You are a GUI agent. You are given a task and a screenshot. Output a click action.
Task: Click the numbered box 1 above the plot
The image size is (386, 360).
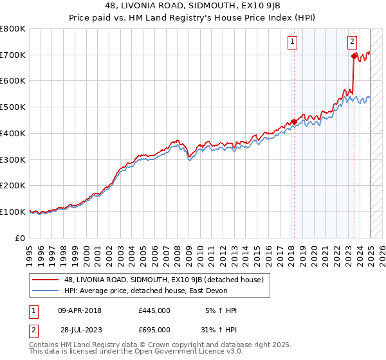pyautogui.click(x=292, y=42)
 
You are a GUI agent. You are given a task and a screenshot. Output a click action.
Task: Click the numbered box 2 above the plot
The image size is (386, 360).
pyautogui.click(x=353, y=42)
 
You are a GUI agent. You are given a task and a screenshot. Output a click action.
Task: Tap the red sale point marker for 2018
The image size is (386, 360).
pyautogui.click(x=294, y=121)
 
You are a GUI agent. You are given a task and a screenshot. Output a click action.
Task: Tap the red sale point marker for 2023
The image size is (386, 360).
pyautogui.click(x=354, y=56)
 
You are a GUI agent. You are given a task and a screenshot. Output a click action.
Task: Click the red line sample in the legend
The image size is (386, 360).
pyautogui.click(x=46, y=280)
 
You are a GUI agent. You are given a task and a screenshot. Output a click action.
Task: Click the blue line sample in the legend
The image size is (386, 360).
pyautogui.click(x=46, y=291)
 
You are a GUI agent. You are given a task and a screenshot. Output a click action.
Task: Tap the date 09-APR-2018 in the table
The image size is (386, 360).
pyautogui.click(x=80, y=310)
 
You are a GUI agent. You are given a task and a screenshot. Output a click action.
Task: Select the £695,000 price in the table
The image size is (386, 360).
pyautogui.click(x=154, y=329)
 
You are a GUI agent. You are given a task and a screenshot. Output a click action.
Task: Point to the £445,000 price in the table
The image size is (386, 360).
pyautogui.click(x=154, y=310)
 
